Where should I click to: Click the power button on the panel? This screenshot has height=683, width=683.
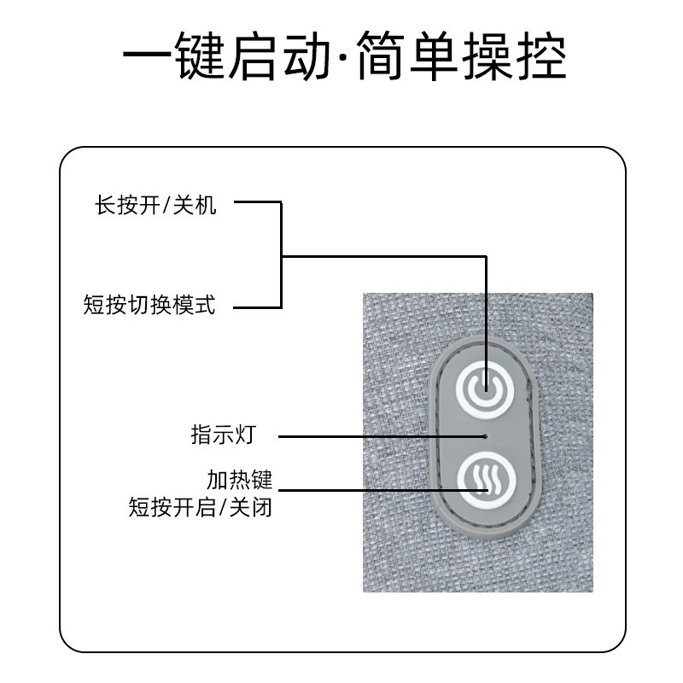click(485, 390)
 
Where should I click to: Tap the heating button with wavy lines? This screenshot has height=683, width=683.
click(487, 481)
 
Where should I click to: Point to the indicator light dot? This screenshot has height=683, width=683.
click(486, 436)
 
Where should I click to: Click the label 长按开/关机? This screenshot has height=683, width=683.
click(155, 205)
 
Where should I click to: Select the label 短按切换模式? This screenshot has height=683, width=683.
click(149, 305)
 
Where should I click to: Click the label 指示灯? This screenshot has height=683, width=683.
click(224, 435)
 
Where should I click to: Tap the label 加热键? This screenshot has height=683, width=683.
click(240, 480)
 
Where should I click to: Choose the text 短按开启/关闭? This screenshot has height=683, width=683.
click(201, 507)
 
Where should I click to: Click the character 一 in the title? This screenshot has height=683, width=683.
click(147, 56)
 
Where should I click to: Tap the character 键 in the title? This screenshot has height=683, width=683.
click(201, 55)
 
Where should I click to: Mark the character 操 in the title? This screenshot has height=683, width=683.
click(487, 55)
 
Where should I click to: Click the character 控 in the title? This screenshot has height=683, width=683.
click(541, 55)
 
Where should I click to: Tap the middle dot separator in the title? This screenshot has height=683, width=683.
click(344, 56)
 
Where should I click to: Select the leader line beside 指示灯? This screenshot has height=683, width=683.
click(381, 436)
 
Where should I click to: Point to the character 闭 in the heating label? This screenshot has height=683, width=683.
click(262, 507)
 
